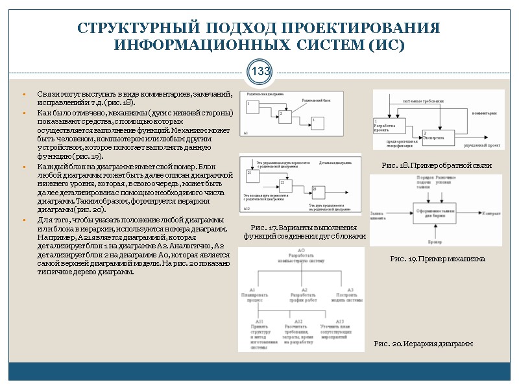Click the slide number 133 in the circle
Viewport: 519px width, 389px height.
(259, 71)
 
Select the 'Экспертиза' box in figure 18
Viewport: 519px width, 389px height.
(436, 137)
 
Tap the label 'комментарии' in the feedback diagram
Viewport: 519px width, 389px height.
(483, 113)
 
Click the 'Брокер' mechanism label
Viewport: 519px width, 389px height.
(435, 242)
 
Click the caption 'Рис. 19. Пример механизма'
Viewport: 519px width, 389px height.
(437, 259)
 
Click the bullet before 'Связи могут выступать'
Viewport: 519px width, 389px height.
(23, 95)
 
